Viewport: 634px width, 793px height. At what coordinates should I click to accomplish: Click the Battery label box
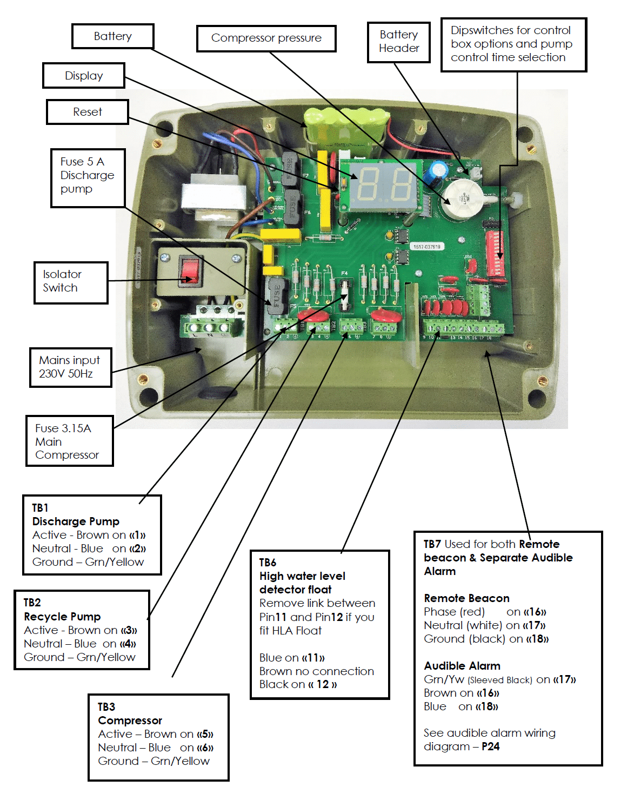[112, 36]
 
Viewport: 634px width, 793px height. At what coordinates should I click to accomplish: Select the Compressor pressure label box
[266, 38]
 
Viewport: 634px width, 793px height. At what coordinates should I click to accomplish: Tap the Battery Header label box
[398, 42]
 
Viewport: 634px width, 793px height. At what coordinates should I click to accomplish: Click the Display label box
[84, 76]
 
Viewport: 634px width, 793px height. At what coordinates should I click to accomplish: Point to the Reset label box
[87, 112]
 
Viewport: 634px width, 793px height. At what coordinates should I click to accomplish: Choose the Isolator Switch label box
[71, 281]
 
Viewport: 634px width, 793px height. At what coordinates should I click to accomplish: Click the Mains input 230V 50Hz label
[70, 367]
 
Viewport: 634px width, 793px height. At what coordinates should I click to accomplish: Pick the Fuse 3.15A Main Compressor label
[69, 441]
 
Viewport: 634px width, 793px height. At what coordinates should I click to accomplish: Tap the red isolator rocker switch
[190, 271]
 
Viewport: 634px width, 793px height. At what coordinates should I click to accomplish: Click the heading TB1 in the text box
[40, 508]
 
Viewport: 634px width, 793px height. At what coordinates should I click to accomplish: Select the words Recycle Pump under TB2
[62, 617]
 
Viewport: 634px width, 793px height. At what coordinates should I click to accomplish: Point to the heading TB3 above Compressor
[106, 707]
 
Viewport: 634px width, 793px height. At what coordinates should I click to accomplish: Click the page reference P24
[491, 746]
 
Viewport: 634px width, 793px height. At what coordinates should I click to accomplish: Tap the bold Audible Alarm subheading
[462, 666]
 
